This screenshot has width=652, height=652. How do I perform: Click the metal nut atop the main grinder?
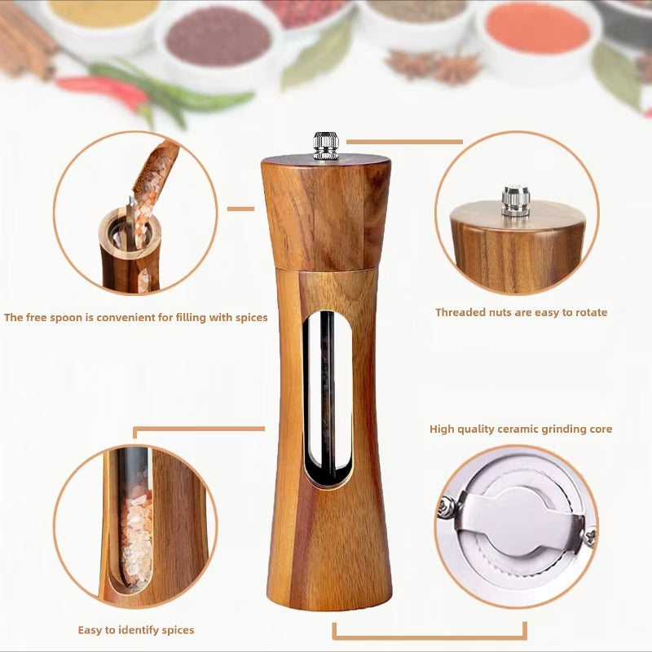click(x=326, y=145)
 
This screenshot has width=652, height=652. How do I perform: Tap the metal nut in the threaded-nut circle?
click(x=515, y=200)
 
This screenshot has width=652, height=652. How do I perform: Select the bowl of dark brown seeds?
click(x=218, y=37)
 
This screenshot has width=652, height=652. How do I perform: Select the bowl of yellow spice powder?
click(x=101, y=11)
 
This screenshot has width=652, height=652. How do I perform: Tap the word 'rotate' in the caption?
click(x=589, y=312)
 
